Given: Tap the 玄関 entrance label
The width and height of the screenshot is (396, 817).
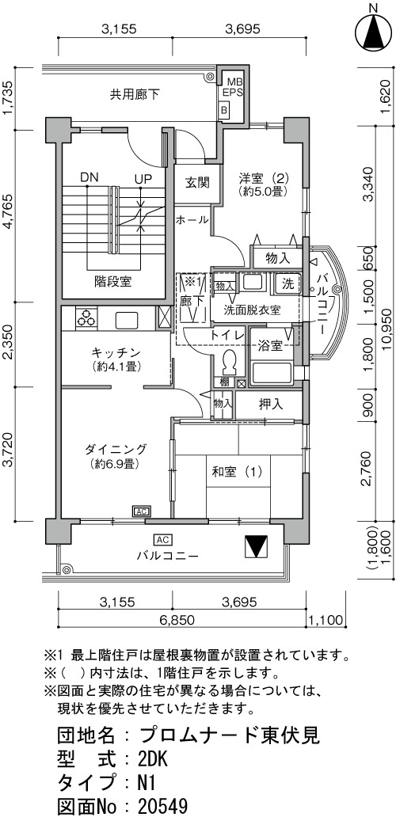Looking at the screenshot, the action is pos(197,183).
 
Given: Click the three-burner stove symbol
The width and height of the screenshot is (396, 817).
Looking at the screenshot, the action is pos(86,317).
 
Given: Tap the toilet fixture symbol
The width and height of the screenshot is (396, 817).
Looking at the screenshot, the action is pos(228,363).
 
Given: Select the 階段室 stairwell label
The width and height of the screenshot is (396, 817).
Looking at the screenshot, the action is pos(113,282).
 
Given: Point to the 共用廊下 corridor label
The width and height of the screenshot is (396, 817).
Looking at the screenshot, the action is pos(135,95).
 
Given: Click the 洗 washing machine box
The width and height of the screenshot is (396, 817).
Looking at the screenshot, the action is pos(287,284).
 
